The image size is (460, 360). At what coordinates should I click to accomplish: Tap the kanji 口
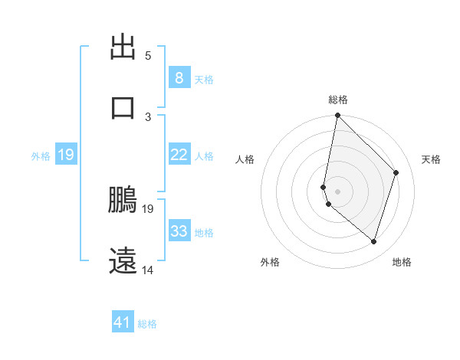tap(123, 107)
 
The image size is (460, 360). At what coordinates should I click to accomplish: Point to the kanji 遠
tap(123, 260)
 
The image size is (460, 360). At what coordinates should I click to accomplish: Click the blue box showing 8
tap(179, 77)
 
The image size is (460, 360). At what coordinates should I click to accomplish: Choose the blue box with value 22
tap(179, 155)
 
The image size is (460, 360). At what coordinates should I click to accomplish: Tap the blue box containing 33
tap(179, 231)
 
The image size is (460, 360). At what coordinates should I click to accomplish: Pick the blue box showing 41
tap(123, 322)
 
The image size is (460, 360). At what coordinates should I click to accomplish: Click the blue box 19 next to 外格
tap(65, 155)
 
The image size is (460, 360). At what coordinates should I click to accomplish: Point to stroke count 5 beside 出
tap(148, 55)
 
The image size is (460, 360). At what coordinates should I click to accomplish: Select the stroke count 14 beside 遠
tap(148, 270)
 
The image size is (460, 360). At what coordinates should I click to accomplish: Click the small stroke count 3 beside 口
tap(148, 116)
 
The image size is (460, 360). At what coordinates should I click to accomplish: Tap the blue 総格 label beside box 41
tap(147, 323)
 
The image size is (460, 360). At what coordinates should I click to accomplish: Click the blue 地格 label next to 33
tap(204, 232)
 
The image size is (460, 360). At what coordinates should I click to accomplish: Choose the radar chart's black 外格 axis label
tap(270, 262)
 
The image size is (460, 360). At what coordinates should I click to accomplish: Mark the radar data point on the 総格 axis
tap(337, 116)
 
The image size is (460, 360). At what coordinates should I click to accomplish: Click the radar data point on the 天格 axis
tap(396, 172)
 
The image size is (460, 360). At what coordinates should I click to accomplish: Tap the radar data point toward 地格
tap(373, 241)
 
